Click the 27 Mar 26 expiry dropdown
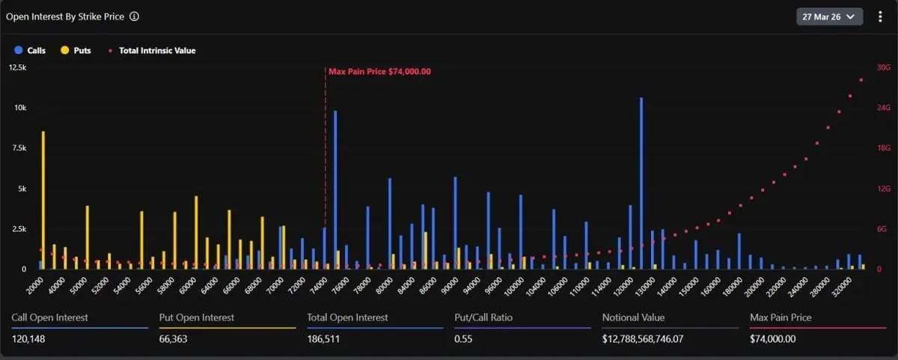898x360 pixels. point(829,16)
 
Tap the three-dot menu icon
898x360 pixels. point(880,16)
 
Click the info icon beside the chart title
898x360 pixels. point(134,16)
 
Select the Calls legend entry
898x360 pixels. point(31,50)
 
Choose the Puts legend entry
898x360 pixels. point(77,50)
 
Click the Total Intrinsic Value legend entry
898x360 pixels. point(152,50)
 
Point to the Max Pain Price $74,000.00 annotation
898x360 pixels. point(379,71)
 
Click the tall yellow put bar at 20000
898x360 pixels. point(43,199)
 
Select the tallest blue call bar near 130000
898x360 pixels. point(641,183)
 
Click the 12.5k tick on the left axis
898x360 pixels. point(17,67)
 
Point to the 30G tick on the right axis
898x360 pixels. point(883,67)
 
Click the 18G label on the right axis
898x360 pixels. point(883,148)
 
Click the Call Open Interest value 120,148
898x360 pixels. point(29,339)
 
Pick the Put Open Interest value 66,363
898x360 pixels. point(176,339)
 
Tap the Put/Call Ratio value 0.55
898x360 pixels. point(464,339)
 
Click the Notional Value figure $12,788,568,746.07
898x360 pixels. point(648,339)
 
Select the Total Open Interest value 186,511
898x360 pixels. point(324,339)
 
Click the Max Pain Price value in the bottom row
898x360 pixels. point(772,339)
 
